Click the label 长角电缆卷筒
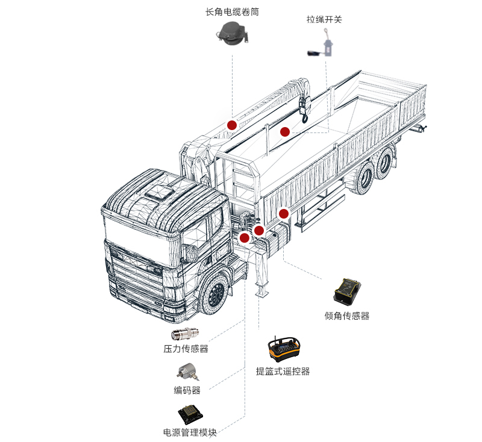tap(232, 11)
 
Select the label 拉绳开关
tap(324, 19)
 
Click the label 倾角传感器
tap(347, 316)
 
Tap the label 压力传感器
tap(186, 349)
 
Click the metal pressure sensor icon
tap(186, 333)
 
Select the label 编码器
tap(187, 390)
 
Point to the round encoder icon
tap(185, 372)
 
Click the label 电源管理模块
tap(189, 432)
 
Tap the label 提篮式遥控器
tap(283, 372)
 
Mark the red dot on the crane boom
tap(232, 125)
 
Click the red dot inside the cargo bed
tap(285, 131)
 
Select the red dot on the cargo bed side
tap(284, 213)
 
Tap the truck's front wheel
tap(214, 294)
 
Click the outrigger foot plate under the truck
tap(260, 293)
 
